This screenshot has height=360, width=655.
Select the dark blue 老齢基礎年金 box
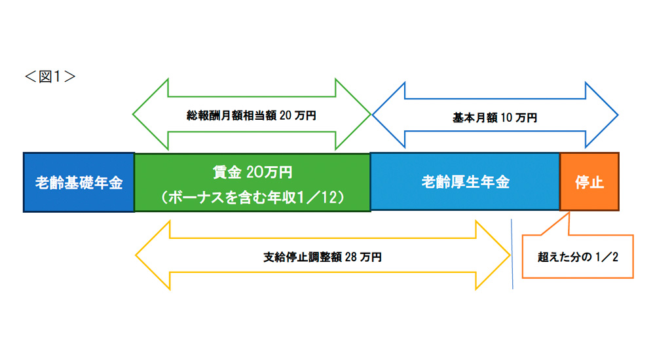(x=79, y=183)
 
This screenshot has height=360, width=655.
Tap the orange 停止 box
(x=589, y=183)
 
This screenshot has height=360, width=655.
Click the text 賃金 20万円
(x=252, y=173)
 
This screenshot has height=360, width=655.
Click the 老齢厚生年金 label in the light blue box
(x=465, y=183)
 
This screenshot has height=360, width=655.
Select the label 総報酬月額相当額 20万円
(x=252, y=116)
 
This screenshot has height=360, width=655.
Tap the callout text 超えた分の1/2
(x=578, y=257)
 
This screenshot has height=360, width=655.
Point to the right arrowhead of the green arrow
(x=354, y=116)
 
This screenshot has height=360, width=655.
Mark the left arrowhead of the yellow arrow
(x=151, y=257)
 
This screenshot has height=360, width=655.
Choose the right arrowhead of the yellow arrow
(x=495, y=257)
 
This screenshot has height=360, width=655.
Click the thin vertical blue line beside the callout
(x=512, y=255)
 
